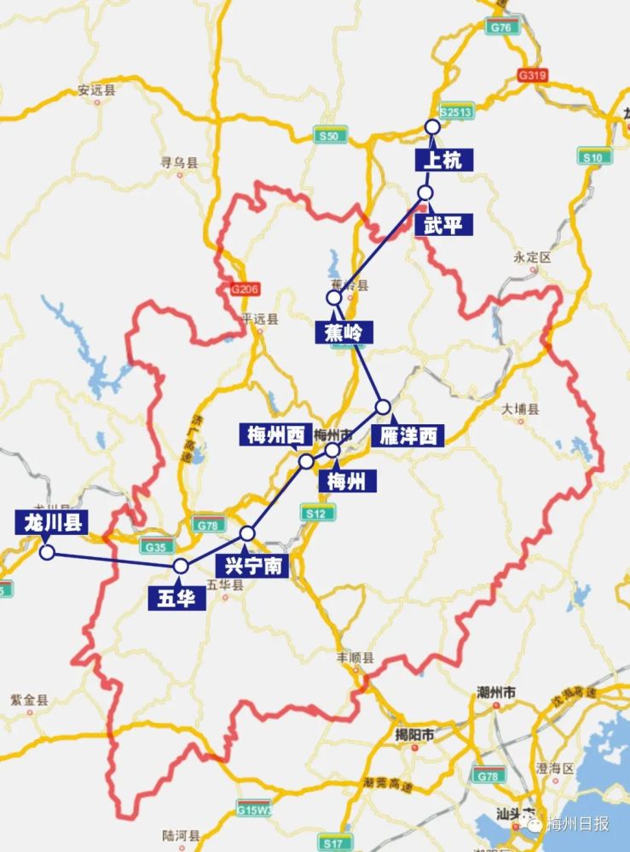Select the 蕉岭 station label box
pos(344,332)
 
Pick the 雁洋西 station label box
pos(408,436)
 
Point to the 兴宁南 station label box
pos(252,565)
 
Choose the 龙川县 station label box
pos(51,521)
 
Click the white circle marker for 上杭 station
pos(432,127)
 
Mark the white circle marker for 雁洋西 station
pos(384,407)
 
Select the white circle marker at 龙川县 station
pos(47,552)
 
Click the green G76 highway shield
pos(500,28)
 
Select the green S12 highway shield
pos(313,513)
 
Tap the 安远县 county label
pos(95,89)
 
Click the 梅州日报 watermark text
pos(579,823)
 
